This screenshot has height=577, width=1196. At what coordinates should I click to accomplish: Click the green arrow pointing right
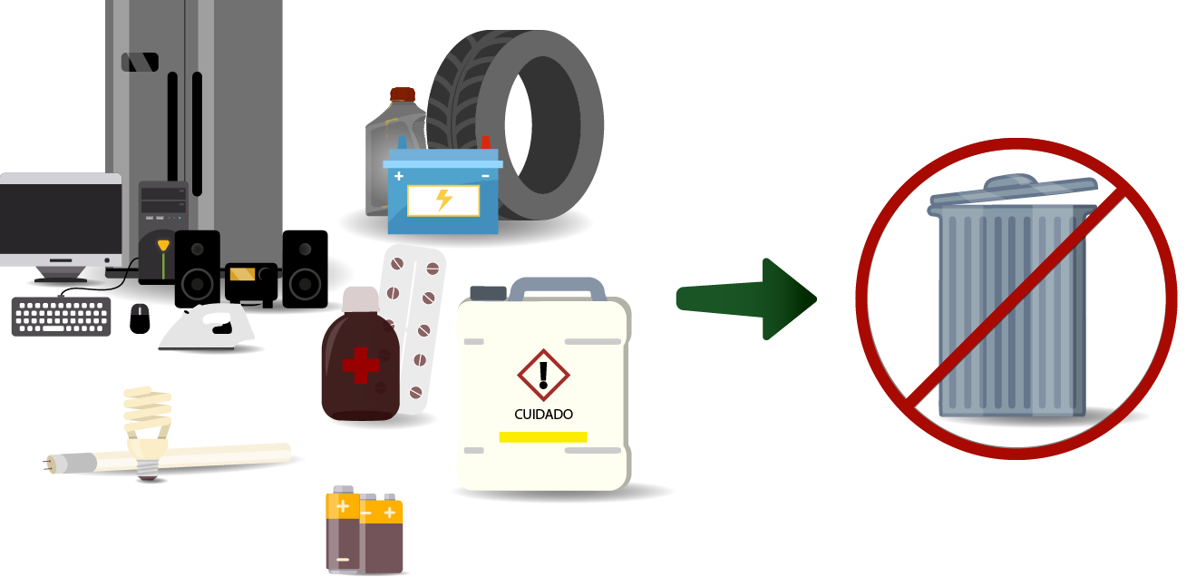(746, 299)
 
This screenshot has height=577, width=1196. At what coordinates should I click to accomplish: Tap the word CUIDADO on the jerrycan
(543, 415)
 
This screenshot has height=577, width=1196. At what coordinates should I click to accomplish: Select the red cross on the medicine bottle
(361, 366)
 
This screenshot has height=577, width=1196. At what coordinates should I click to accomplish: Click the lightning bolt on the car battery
(443, 200)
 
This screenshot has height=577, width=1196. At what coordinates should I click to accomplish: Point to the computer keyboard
(62, 317)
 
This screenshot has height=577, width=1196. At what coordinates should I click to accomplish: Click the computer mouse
(140, 319)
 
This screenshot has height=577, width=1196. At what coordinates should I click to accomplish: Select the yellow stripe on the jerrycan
(543, 437)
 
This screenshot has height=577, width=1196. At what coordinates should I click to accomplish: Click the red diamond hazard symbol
(543, 375)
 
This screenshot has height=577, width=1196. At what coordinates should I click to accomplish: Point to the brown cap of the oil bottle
(403, 94)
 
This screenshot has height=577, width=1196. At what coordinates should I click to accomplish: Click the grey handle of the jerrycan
(558, 288)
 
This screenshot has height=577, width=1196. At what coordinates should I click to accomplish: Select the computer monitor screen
(61, 219)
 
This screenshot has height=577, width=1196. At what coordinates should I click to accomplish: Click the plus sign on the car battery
(399, 176)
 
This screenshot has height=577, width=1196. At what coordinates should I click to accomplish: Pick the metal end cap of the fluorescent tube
(70, 463)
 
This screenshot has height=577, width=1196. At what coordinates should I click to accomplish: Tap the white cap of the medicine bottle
(360, 299)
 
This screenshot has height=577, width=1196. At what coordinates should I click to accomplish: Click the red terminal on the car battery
(485, 142)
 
